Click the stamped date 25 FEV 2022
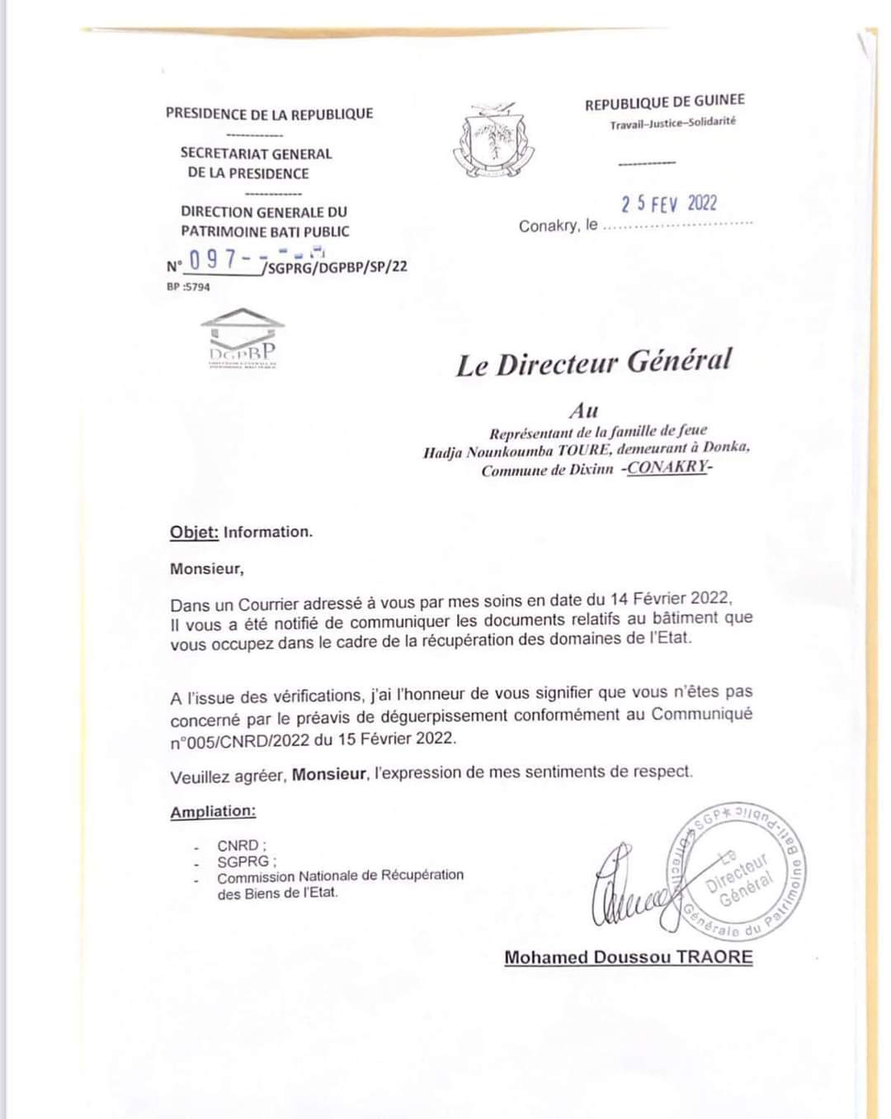pyautogui.click(x=669, y=204)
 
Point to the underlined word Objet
pyautogui.click(x=194, y=532)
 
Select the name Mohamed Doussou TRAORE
pyautogui.click(x=629, y=957)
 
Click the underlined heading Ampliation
pyautogui.click(x=213, y=811)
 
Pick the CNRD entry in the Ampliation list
pyautogui.click(x=238, y=846)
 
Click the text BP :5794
pyautogui.click(x=188, y=287)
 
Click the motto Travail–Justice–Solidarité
pyautogui.click(x=672, y=123)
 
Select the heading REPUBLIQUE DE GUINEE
pyautogui.click(x=664, y=102)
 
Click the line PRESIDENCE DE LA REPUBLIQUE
pyautogui.click(x=269, y=114)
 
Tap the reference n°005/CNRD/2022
pyautogui.click(x=240, y=739)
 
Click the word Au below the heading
pyautogui.click(x=583, y=410)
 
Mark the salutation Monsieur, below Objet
pyautogui.click(x=207, y=569)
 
